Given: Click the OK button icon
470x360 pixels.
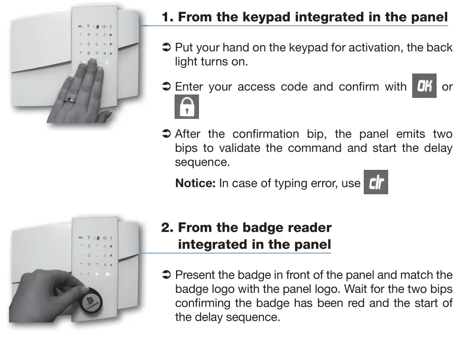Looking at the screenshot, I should pos(424,86).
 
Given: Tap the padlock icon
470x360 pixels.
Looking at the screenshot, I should pos(187,107).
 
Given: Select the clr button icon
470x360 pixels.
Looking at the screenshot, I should pos(376,182).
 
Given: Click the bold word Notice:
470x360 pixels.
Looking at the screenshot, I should pos(195,183).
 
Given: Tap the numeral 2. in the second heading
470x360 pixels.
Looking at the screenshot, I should pos(167,228).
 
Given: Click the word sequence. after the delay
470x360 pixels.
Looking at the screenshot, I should pos(202,162).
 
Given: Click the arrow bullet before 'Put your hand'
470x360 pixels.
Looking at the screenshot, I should pos(166,48).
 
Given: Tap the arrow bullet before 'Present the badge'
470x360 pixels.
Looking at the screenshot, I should pos(166,275).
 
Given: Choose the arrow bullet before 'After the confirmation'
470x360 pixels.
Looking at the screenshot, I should pos(166,134).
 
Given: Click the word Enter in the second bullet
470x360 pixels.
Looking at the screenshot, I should pos(189,87).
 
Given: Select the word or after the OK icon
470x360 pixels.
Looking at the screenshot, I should pos(447,87).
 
